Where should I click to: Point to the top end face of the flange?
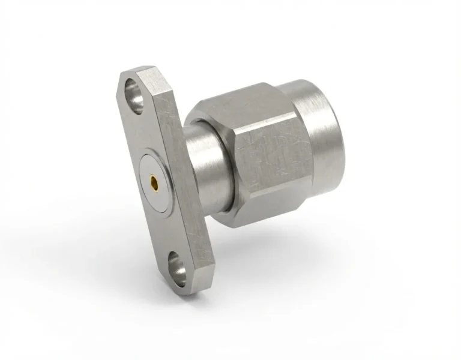coord(144,75)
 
